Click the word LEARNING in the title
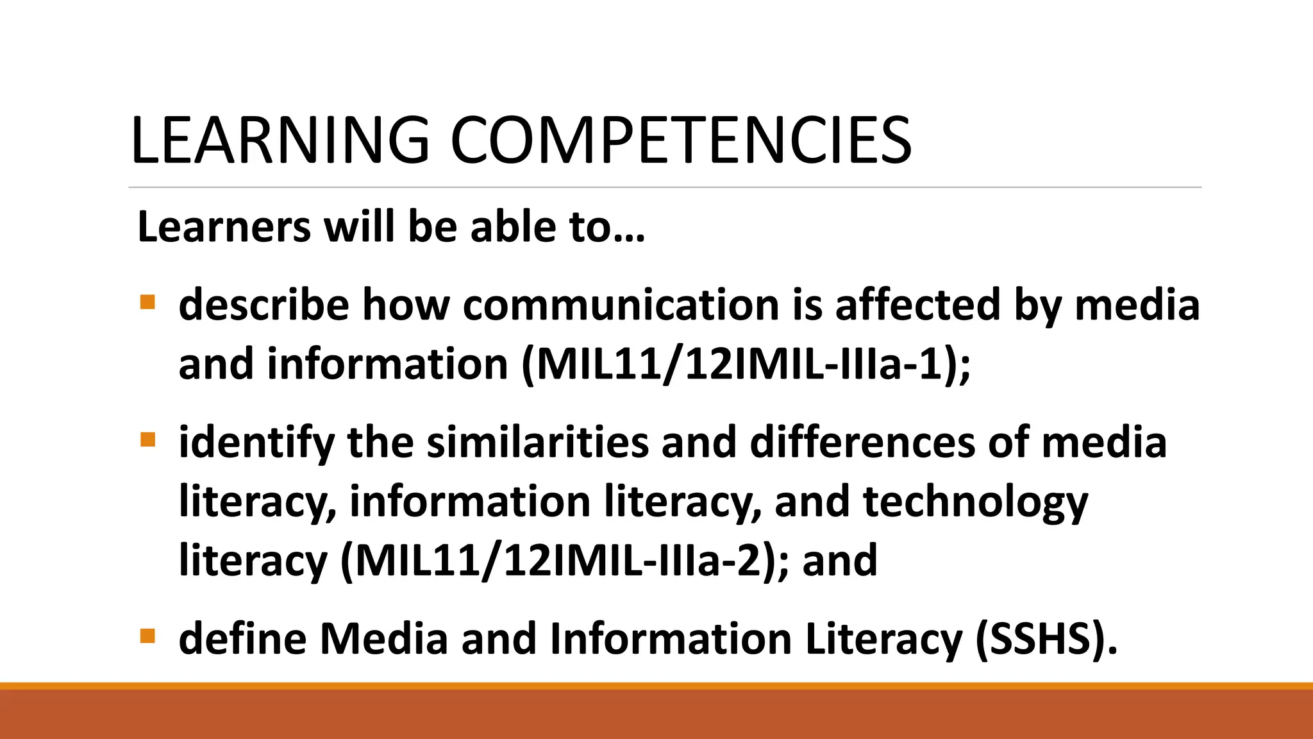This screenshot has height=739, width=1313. pos(280,140)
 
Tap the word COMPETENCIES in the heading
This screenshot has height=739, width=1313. pos(680,140)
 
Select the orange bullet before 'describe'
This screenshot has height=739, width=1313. pos(147,302)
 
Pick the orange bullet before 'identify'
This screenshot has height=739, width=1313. pos(147,439)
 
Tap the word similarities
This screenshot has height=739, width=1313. pos(538,443)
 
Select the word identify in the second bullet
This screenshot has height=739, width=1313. pos(256,443)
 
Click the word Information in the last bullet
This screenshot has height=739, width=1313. pos(671,639)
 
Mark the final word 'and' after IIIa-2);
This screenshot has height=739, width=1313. pos(840,561)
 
